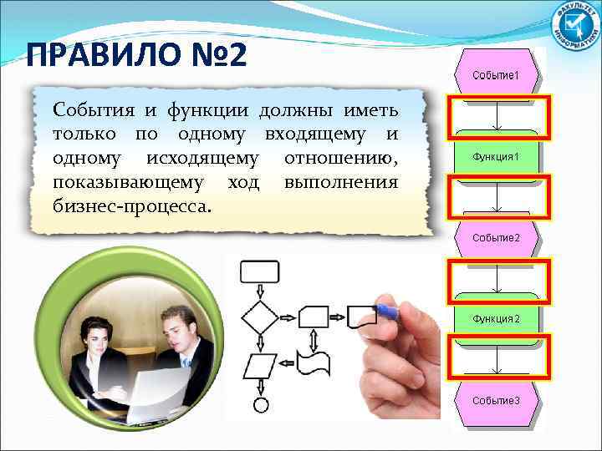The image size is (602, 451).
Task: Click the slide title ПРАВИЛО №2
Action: click(136, 56)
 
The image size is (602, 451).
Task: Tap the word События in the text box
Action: click(86, 111)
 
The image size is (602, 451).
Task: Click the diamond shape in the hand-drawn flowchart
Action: click(259, 318)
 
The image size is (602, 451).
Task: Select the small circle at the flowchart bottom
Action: click(260, 405)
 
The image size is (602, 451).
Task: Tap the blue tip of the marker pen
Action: click(386, 311)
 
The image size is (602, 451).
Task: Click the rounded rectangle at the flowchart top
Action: click(259, 271)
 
